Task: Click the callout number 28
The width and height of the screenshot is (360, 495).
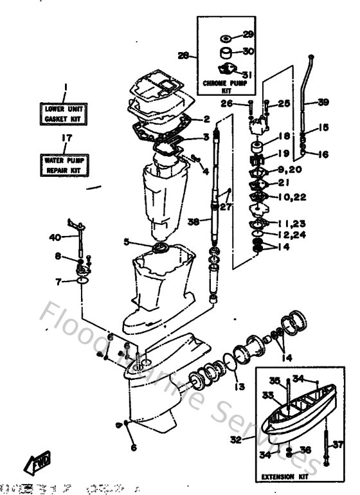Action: [183, 56]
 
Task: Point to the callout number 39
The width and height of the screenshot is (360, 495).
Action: [323, 102]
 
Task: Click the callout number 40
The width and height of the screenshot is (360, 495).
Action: [54, 237]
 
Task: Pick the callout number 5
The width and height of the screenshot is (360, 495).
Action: [127, 242]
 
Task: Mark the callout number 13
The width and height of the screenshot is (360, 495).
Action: [240, 387]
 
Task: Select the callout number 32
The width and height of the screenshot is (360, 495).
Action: [237, 440]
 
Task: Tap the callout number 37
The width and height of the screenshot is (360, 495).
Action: [338, 444]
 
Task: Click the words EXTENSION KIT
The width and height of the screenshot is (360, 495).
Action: [283, 477]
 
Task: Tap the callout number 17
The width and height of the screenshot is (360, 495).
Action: [64, 137]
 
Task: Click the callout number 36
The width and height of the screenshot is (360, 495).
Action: [306, 450]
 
